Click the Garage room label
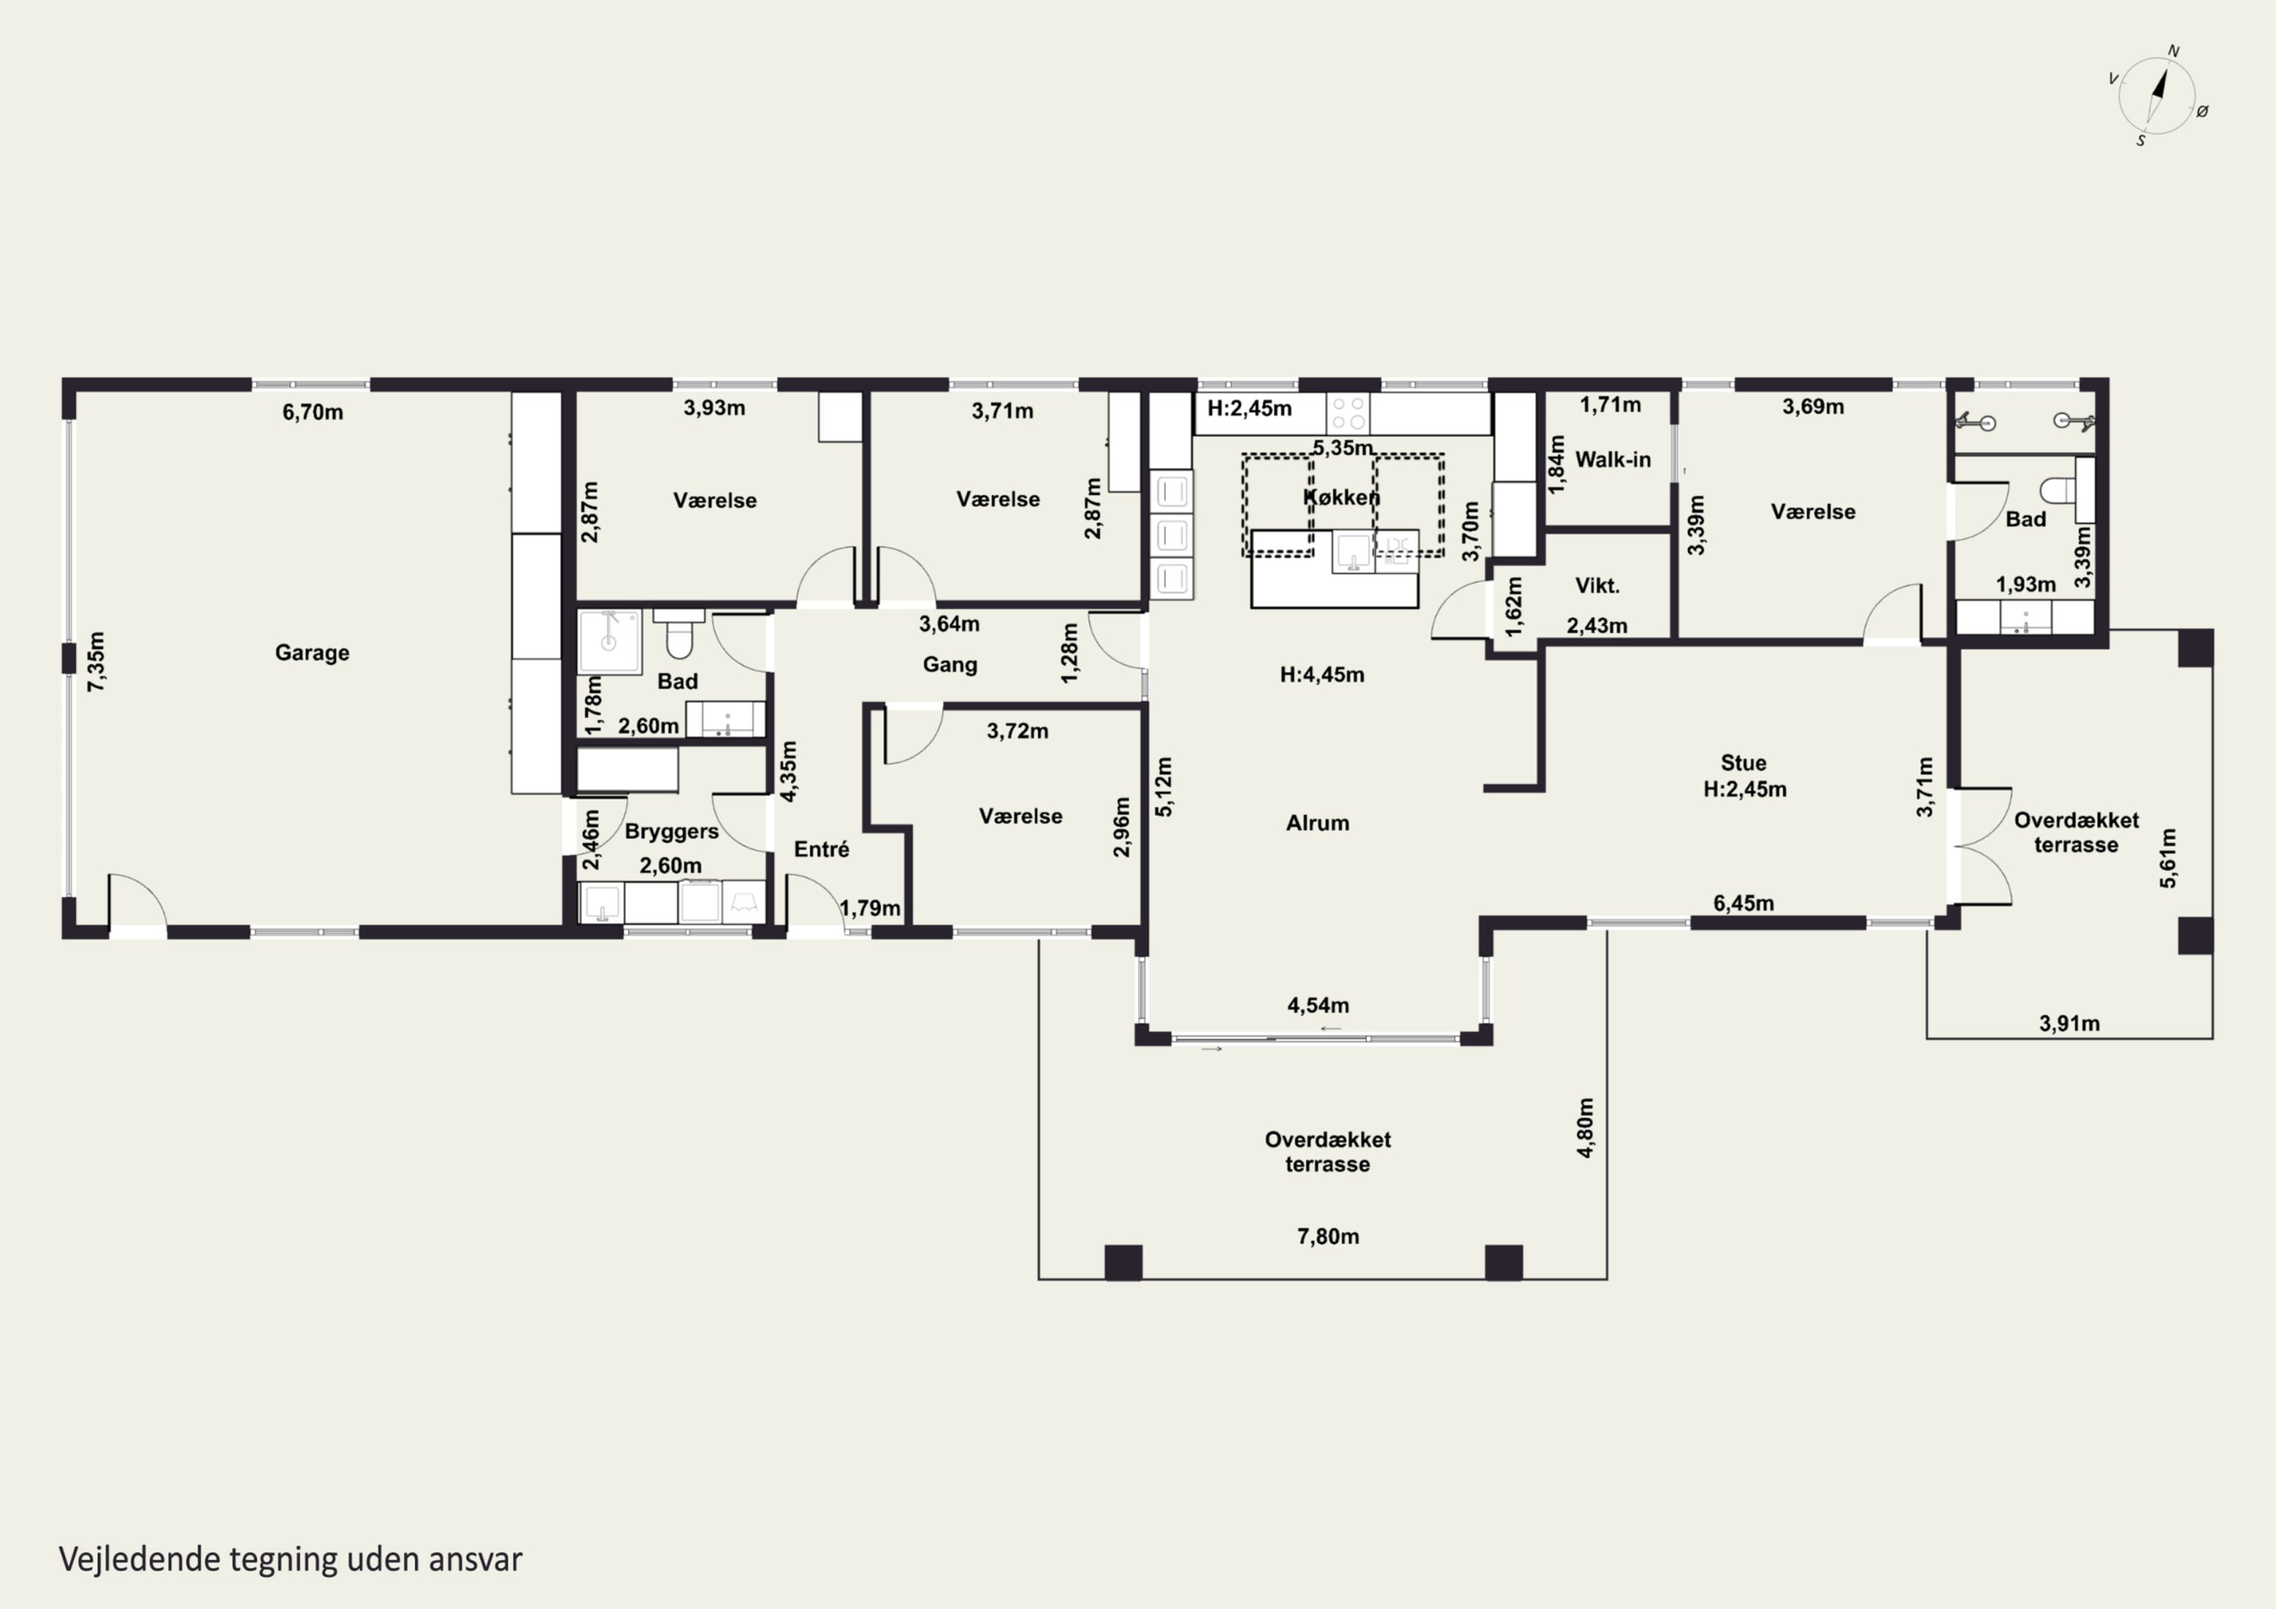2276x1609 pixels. click(x=313, y=652)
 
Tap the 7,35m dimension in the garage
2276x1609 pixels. click(x=96, y=662)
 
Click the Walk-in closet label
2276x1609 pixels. click(x=1613, y=459)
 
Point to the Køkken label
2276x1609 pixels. click(x=1341, y=497)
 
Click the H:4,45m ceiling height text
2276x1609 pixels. click(x=1322, y=675)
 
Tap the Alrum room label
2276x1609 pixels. click(x=1317, y=823)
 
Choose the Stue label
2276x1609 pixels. click(x=1743, y=762)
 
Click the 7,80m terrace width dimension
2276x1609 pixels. click(x=1328, y=1237)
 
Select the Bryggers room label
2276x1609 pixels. click(x=671, y=831)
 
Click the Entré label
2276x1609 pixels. click(x=822, y=849)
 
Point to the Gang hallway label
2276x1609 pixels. click(x=950, y=665)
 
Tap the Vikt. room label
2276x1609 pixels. click(x=1597, y=586)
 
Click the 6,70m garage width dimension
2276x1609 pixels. click(x=313, y=411)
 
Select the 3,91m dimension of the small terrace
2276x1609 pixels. click(x=2069, y=1023)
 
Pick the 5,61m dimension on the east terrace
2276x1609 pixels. click(x=2168, y=857)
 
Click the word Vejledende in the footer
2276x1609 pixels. click(x=140, y=1560)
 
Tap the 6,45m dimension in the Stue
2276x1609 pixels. click(x=1743, y=903)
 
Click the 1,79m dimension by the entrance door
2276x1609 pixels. click(x=870, y=908)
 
